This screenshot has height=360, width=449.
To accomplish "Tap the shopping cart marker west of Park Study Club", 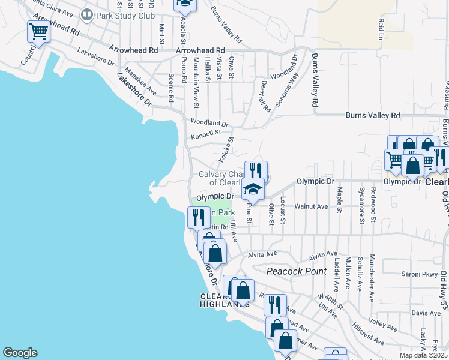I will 38,32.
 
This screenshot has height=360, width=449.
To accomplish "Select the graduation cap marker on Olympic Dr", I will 253,190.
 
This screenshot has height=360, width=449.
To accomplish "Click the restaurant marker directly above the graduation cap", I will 256,171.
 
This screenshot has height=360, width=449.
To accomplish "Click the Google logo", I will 20,353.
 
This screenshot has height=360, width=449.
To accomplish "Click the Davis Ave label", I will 426,313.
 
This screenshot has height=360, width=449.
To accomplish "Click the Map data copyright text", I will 424,355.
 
